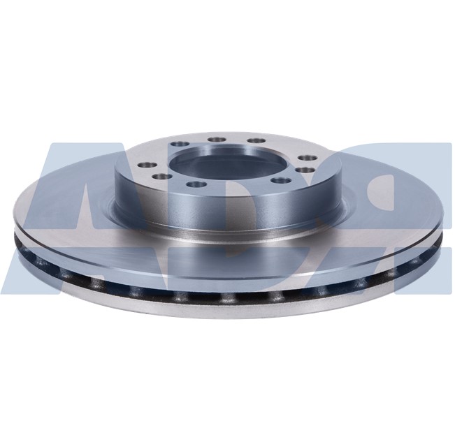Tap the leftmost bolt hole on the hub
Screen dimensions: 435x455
coord(145,164)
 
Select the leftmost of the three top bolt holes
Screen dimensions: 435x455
coord(215,139)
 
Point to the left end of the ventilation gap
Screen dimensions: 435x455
coord(21,244)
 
